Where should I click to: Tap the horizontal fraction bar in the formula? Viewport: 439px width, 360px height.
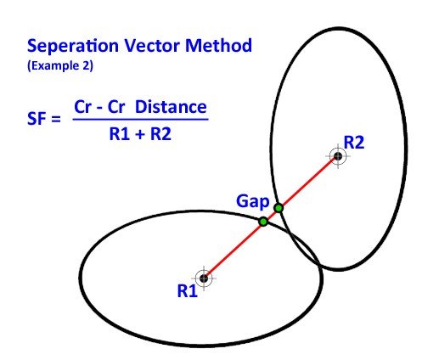140,121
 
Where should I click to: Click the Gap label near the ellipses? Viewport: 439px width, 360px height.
254,203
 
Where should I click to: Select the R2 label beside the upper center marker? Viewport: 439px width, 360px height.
355,142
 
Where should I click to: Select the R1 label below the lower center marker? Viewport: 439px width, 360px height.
188,291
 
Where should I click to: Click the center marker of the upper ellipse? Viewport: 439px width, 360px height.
338,156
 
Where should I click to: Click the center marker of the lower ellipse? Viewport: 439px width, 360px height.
204,277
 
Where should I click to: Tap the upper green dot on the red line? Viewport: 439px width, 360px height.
278,207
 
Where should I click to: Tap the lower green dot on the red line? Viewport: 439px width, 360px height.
263,221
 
